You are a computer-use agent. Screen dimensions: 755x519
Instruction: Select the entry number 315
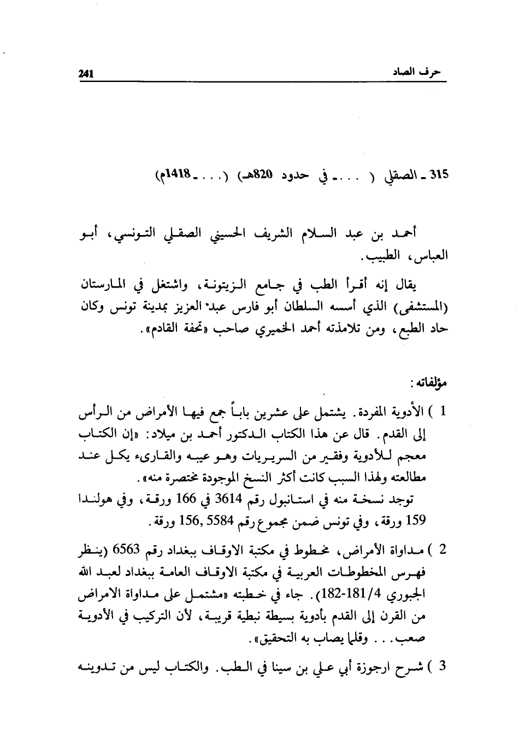tap(438, 176)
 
